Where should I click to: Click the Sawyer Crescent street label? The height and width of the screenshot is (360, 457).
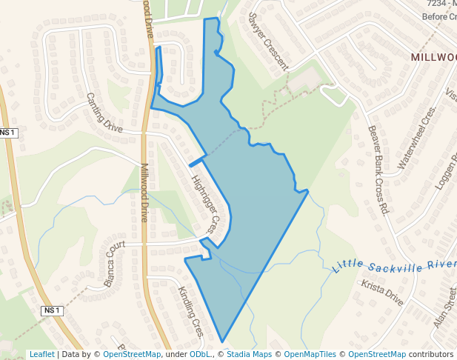click(x=268, y=41)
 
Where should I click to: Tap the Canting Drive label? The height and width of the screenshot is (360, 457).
click(x=104, y=113)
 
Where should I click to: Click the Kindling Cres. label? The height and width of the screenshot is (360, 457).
click(x=190, y=311)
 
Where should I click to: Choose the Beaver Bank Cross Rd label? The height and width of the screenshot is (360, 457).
click(x=378, y=170)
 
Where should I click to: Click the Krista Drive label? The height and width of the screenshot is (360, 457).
click(x=382, y=293)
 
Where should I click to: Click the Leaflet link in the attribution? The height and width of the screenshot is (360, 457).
click(x=42, y=355)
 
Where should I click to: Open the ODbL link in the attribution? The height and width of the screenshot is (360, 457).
click(x=200, y=355)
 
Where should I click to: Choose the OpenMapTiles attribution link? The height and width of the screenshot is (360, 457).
click(x=313, y=355)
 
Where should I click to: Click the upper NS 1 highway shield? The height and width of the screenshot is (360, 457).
click(x=8, y=133)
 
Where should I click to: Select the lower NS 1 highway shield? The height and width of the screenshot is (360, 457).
click(x=51, y=310)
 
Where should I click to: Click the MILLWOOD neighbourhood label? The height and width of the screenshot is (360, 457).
click(x=434, y=57)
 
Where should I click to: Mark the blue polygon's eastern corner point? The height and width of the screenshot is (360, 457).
click(x=307, y=191)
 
